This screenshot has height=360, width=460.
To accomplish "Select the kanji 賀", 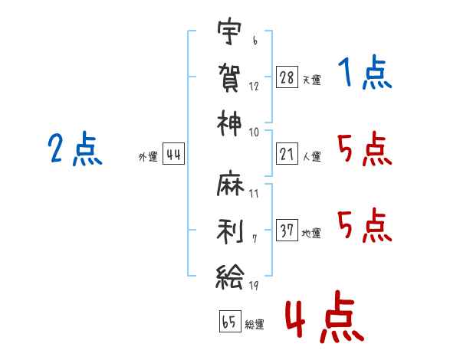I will pos(229,77).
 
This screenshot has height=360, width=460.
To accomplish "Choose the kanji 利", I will pos(229,227).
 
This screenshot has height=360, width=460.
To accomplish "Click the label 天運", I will pos(311,79).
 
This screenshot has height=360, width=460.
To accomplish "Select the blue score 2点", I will pos(74,149).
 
